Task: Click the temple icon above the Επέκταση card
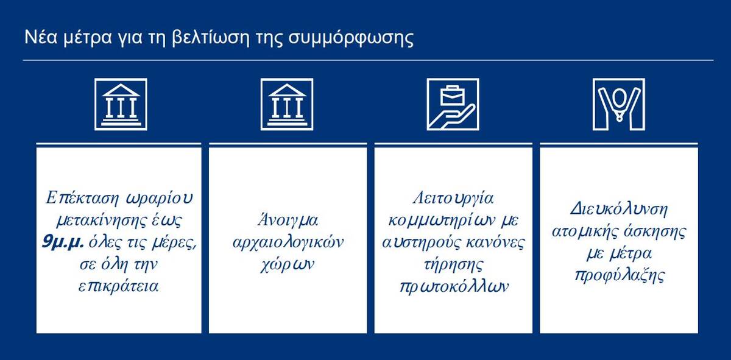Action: pyautogui.click(x=121, y=104)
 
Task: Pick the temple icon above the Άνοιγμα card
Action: pyautogui.click(x=287, y=104)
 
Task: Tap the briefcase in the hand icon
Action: pyautogui.click(x=453, y=95)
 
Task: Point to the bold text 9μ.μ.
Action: pyautogui.click(x=63, y=242)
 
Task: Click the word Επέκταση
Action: pyautogui.click(x=82, y=199)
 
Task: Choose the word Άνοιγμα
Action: pyautogui.click(x=288, y=221)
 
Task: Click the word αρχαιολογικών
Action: pyautogui.click(x=288, y=243)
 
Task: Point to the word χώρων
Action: pyautogui.click(x=288, y=265)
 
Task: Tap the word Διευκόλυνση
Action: pyautogui.click(x=619, y=210)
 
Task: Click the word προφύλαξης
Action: pyautogui.click(x=620, y=276)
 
